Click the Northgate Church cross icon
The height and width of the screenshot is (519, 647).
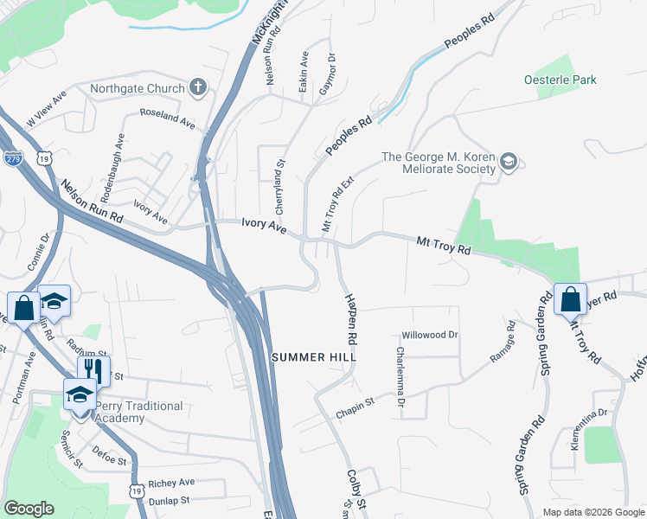coord(198,87)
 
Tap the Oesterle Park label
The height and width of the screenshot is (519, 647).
coord(560,80)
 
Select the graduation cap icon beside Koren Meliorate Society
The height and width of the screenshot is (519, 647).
coord(509,162)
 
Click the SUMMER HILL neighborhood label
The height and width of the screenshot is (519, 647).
coord(314,357)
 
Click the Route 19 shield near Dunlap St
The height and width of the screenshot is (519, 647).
coord(137,490)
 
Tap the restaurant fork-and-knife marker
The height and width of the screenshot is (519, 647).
coord(88,368)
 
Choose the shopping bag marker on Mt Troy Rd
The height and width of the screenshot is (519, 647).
coord(570,299)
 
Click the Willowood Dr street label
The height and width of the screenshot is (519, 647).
coord(428,335)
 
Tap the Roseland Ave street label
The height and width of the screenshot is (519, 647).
coord(168,119)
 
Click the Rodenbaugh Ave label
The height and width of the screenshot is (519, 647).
coord(119,156)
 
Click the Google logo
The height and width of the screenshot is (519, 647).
coord(29,509)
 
